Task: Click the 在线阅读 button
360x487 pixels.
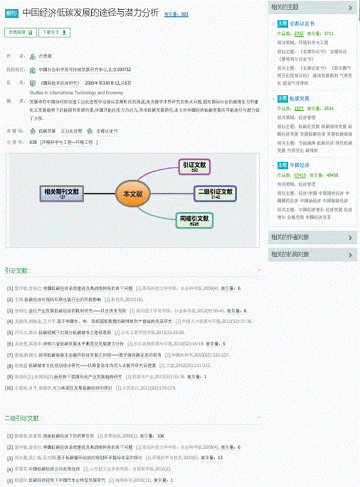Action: point(20,32)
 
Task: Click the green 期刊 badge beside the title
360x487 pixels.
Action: point(11,11)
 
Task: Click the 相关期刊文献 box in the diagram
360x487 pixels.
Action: point(62,193)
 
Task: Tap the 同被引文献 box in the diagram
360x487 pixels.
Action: point(195,220)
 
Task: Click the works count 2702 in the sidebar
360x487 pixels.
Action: point(299,34)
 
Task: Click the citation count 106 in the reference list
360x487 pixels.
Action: point(160,435)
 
